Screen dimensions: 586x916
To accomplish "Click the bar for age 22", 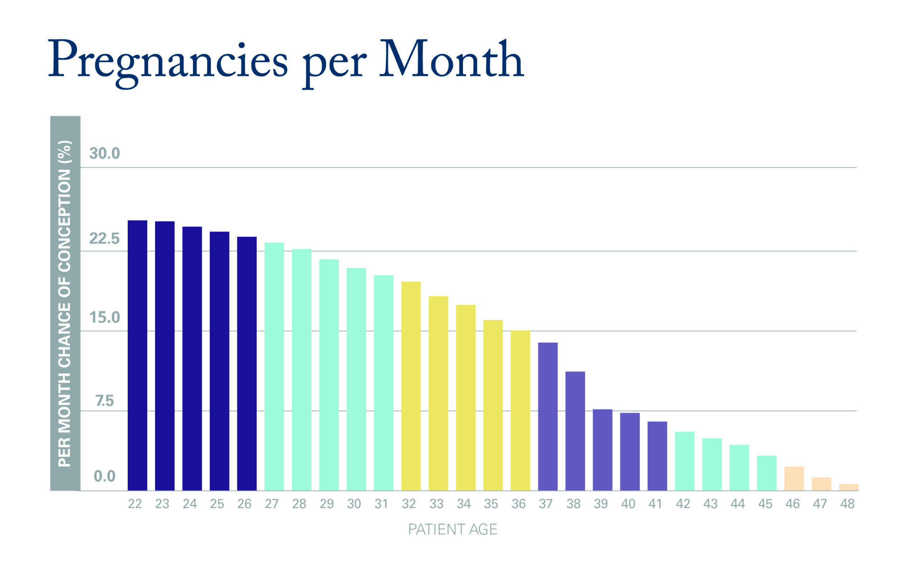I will pos(137,355).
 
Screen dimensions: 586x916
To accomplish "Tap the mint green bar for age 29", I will pos(329,375).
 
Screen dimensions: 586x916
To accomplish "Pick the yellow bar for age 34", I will pos(466,398).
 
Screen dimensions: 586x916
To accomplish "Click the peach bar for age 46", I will pos(794,478).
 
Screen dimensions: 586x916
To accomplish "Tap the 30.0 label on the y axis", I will pos(104,154).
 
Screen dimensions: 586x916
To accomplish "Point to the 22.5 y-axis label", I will pos(104,239).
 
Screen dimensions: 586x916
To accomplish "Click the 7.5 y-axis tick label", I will pos(104,401).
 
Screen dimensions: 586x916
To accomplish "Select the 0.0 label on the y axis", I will pos(104,476).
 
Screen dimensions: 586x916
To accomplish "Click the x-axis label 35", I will pos(491,504).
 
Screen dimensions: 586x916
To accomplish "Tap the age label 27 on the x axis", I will pos(272,504).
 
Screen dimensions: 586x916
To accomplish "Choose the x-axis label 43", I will pos(710,504).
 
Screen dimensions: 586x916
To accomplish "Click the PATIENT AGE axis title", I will pos(453,529).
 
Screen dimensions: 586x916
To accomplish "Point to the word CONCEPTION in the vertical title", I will pos(64,221).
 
